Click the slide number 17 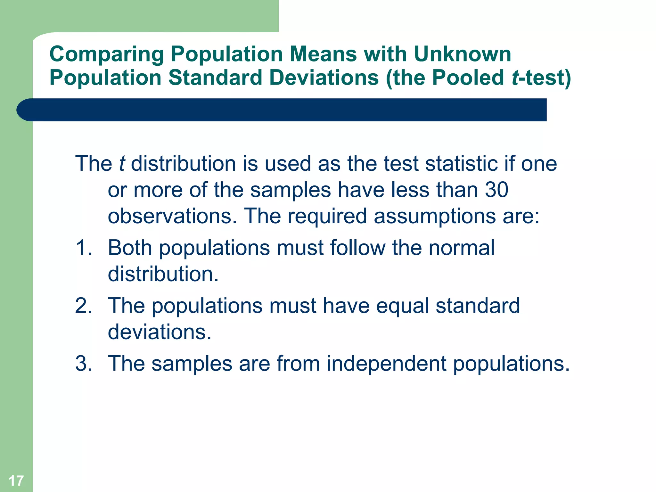(x=16, y=481)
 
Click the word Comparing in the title (x=106, y=54)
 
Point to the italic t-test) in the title (x=541, y=78)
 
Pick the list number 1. (x=83, y=248)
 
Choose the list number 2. (x=83, y=305)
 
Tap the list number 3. (x=83, y=364)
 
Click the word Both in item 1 (x=130, y=248)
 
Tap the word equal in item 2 (x=402, y=306)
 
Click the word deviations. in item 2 (x=160, y=332)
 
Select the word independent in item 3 (x=386, y=364)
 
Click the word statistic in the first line (x=461, y=164)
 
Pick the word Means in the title (x=323, y=54)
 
